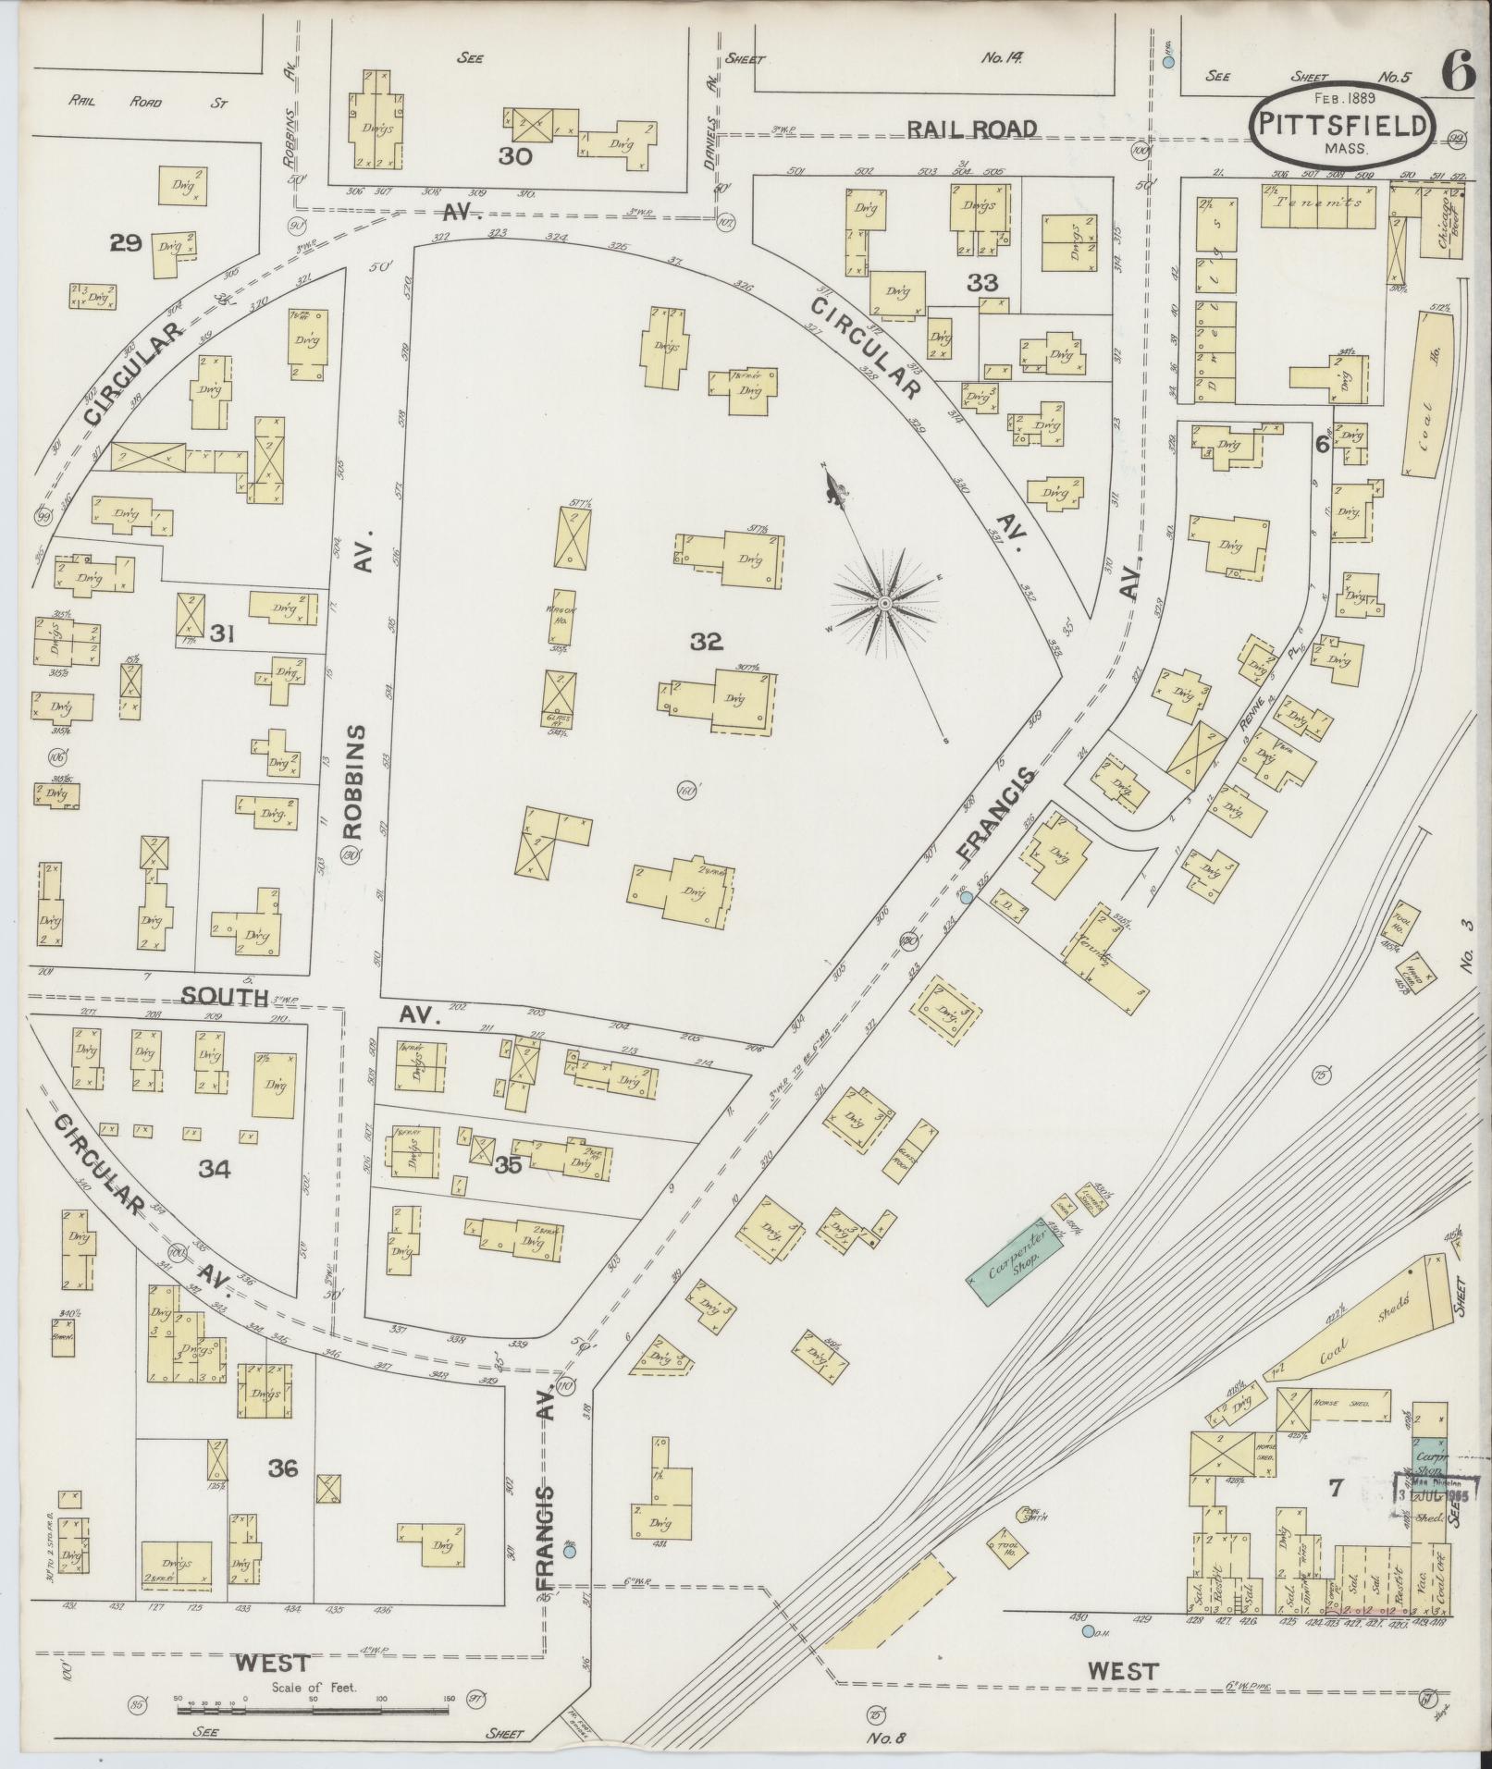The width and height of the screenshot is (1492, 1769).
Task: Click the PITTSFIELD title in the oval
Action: tap(1343, 126)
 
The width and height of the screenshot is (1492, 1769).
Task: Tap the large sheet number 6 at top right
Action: tap(1459, 73)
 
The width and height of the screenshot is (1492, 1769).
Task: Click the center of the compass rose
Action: tap(884, 603)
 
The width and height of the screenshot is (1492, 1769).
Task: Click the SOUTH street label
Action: tap(224, 996)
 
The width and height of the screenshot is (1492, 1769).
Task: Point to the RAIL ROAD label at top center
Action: tap(972, 129)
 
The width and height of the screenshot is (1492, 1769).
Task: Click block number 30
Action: tap(515, 156)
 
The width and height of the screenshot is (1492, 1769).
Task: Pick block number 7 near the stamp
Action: tap(1335, 1488)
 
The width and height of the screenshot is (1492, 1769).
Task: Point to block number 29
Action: tap(125, 243)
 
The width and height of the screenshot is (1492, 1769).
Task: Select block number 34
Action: tap(215, 1169)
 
